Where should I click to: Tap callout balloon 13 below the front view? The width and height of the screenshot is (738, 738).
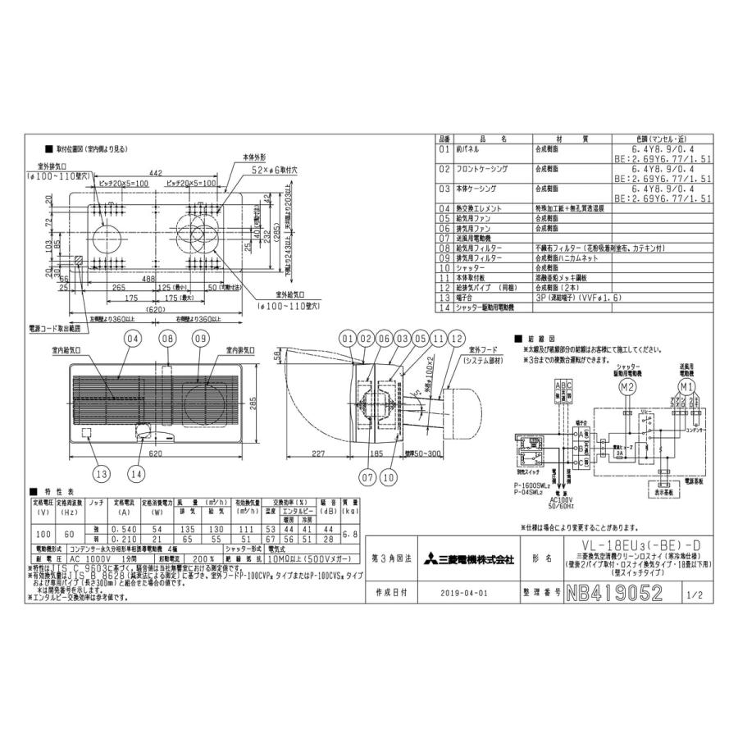tap(101, 472)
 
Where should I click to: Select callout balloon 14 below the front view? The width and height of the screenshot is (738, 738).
tap(136, 472)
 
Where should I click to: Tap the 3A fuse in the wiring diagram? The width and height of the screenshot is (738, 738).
tap(622, 449)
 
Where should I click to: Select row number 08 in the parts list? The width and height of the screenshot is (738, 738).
tap(444, 247)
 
